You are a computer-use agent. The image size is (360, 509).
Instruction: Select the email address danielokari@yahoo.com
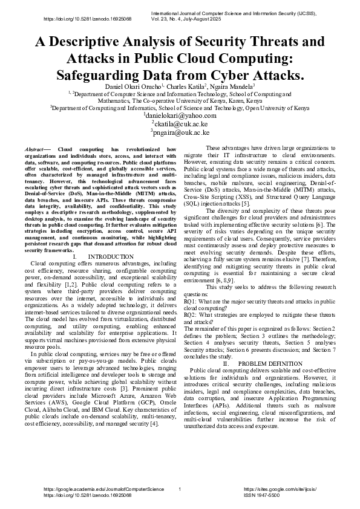pyautogui.click(x=180, y=115)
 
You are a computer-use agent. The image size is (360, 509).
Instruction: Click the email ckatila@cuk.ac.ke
pyautogui.click(x=180, y=123)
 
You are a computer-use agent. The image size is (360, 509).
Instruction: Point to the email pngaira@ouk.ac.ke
pyautogui.click(x=180, y=132)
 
